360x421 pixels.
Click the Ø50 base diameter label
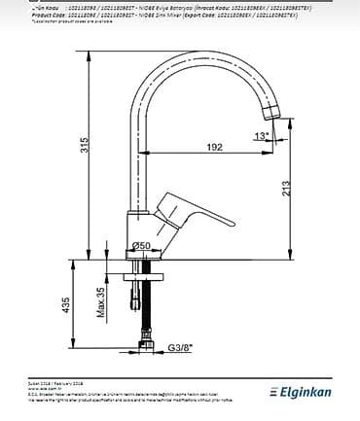click(x=141, y=246)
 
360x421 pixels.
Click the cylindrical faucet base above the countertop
click(x=142, y=233)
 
